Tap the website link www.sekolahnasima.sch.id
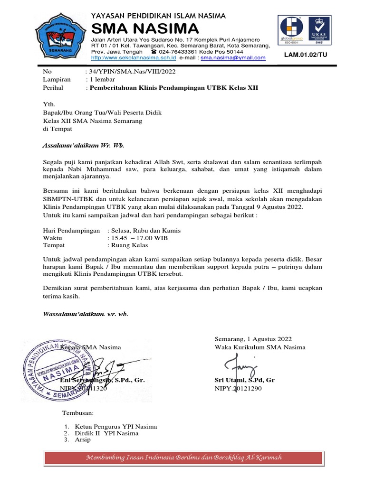coord(134,58)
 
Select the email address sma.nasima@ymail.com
coord(233,58)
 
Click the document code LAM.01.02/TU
coord(306,55)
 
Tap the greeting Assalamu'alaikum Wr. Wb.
coord(83,145)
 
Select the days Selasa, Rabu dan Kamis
coord(144,230)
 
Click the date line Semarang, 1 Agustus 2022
coord(253,339)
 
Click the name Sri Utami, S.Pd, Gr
coord(245,381)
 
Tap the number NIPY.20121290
coord(238,388)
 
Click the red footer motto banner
coord(184,458)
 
